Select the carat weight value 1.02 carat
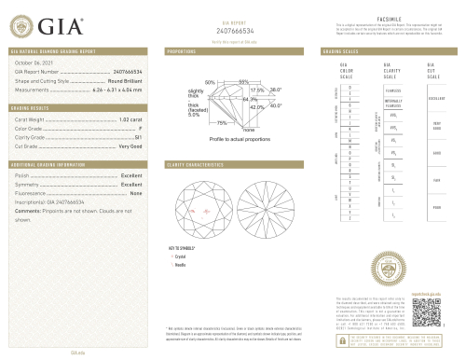(x=130, y=120)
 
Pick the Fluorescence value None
(x=135, y=193)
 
